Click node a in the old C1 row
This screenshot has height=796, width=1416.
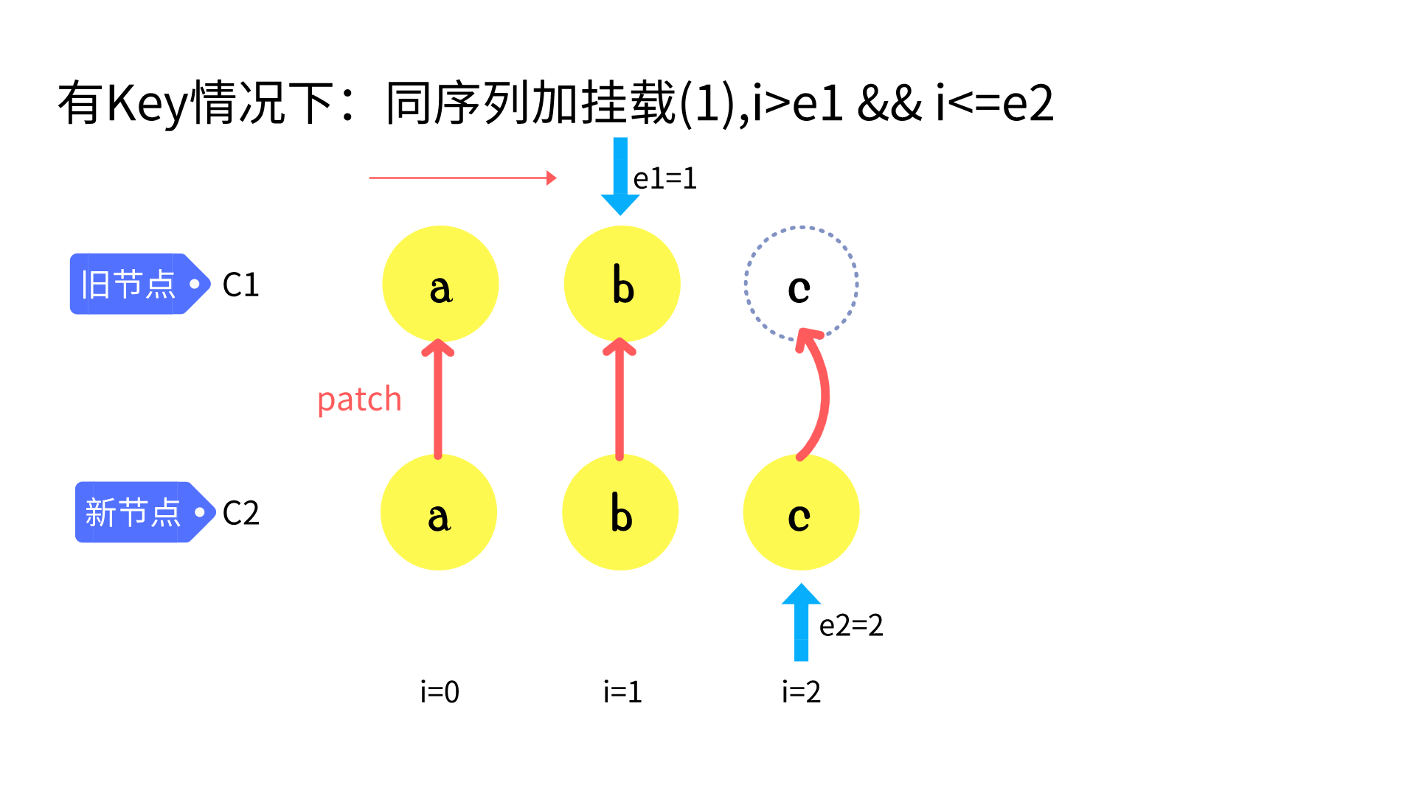(440, 284)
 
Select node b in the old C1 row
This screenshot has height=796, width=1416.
(622, 284)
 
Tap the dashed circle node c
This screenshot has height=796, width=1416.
(801, 284)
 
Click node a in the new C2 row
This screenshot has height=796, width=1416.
(439, 512)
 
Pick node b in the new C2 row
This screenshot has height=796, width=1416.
(620, 512)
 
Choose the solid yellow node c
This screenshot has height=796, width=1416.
(801, 512)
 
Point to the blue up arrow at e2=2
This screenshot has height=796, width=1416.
(801, 623)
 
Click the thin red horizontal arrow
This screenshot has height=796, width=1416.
(462, 178)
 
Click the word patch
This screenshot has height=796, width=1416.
(359, 399)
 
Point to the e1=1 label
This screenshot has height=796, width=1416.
(665, 178)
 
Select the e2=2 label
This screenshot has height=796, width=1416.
(851, 626)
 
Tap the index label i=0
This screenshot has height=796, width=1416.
(440, 692)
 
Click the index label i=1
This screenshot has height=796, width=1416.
(622, 692)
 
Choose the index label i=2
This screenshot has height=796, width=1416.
(801, 692)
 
